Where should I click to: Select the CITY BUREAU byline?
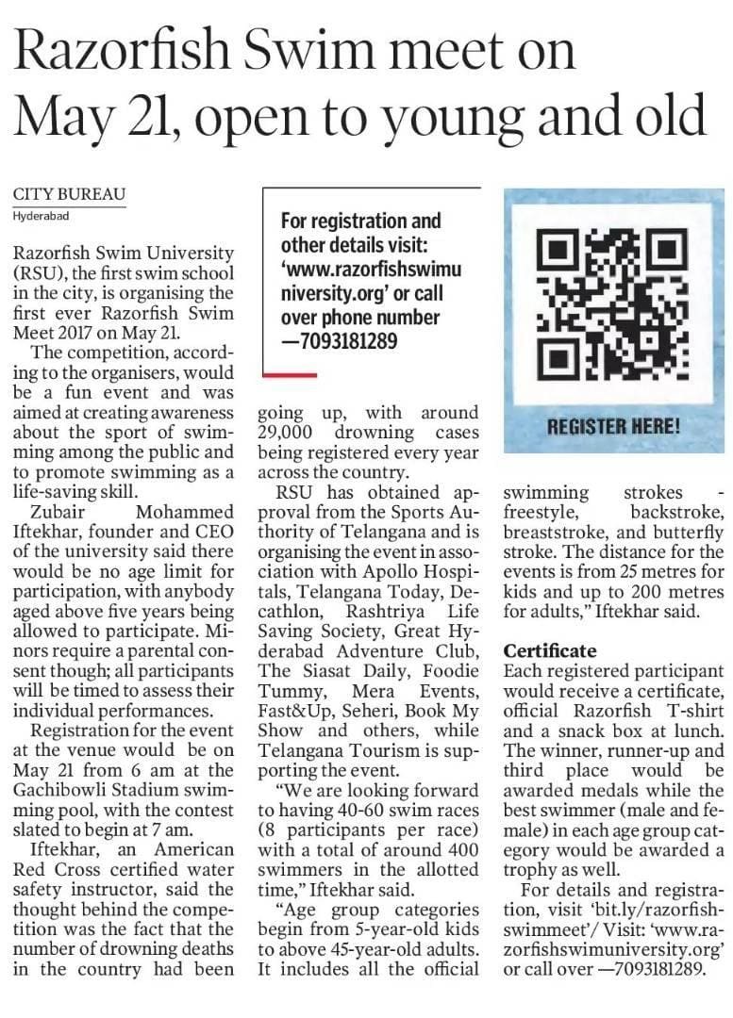tap(69, 195)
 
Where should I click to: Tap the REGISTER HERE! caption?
tap(614, 425)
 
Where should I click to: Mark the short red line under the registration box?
tap(289, 375)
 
